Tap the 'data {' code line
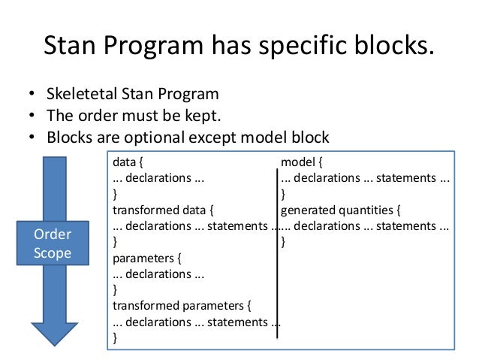128,162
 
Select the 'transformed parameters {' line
181,306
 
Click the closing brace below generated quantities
283,242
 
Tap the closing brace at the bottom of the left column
115,338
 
